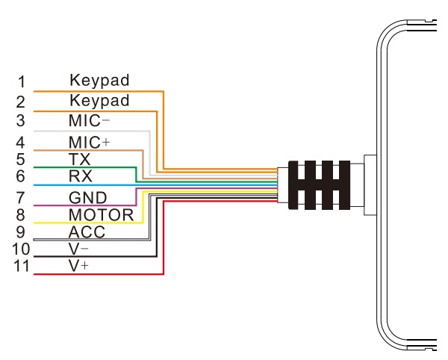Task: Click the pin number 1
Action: point(21,81)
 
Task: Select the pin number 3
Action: point(21,120)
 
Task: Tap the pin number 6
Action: point(21,177)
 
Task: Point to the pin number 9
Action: point(21,232)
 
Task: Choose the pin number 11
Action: point(21,267)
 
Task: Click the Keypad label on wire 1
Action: point(99,80)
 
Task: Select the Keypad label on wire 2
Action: point(99,100)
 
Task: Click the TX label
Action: point(80,159)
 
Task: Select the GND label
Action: point(87,198)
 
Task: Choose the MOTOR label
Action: point(101,215)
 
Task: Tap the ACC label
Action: point(87,232)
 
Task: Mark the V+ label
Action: point(78,267)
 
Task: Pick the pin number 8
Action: point(21,215)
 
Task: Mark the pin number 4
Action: point(21,142)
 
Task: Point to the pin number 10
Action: point(21,249)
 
